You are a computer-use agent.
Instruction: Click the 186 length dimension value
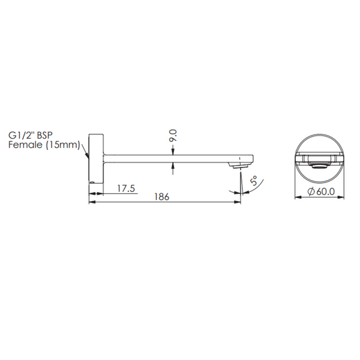coord(161,197)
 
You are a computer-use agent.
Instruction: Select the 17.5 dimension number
coord(126,188)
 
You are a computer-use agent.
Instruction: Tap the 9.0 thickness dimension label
coord(173,136)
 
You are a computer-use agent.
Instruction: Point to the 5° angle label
coord(254,181)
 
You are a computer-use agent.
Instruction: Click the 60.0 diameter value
coord(326,191)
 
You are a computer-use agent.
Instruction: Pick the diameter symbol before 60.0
coord(311,191)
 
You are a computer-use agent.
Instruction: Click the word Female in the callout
coord(25,145)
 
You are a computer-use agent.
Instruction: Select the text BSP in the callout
coord(45,135)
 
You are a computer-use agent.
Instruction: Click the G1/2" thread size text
coord(22,135)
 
